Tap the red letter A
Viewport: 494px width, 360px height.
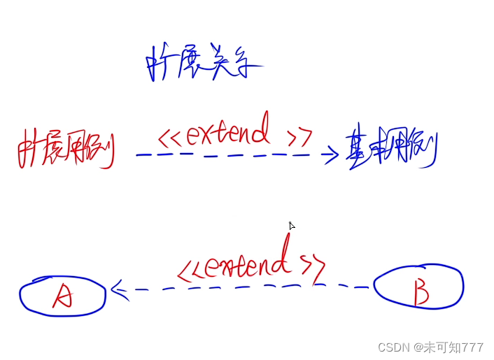pyautogui.click(x=62, y=297)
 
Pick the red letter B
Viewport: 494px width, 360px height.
pyautogui.click(x=421, y=292)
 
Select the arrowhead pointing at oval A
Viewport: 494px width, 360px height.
pyautogui.click(x=116, y=289)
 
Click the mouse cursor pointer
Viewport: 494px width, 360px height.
pyautogui.click(x=292, y=226)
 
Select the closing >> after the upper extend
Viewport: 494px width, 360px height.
pyautogui.click(x=301, y=136)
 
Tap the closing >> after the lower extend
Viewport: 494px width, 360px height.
pyautogui.click(x=313, y=266)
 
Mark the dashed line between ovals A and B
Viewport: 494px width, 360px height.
pyautogui.click(x=245, y=287)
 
